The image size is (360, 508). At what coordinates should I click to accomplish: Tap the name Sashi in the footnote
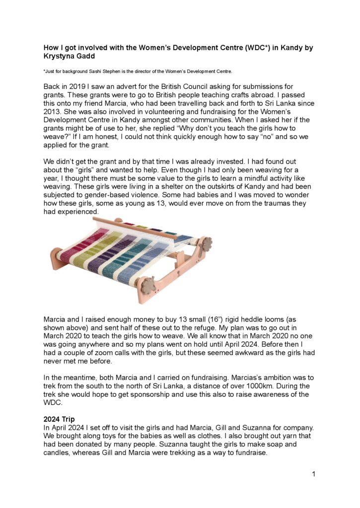tap(95, 71)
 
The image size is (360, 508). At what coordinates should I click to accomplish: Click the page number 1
tap(314, 474)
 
